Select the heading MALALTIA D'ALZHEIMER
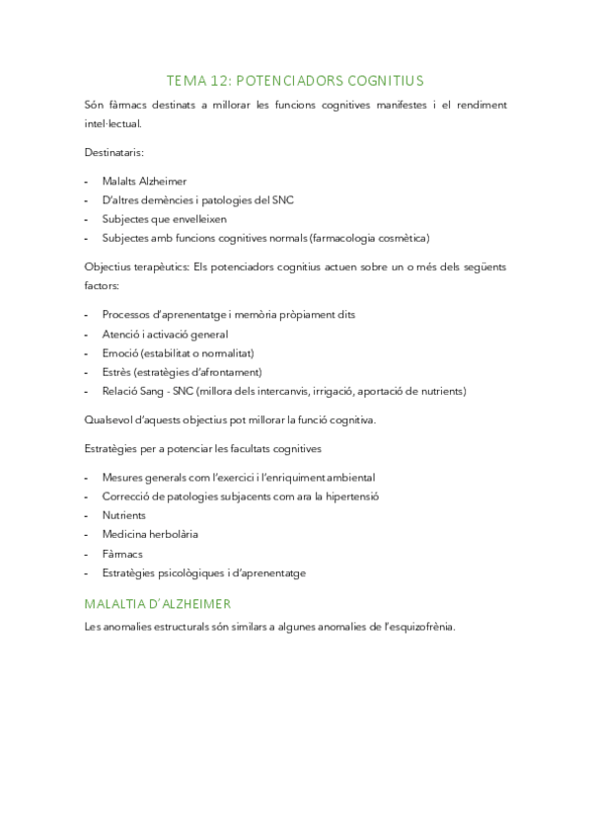coord(158,603)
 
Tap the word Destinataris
coord(114,153)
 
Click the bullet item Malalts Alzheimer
coord(144,182)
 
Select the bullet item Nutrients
coord(123,515)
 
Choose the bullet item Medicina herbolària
coord(150,534)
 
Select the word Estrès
coord(117,371)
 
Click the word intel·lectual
coord(113,124)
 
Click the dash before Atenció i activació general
coord(88,334)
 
